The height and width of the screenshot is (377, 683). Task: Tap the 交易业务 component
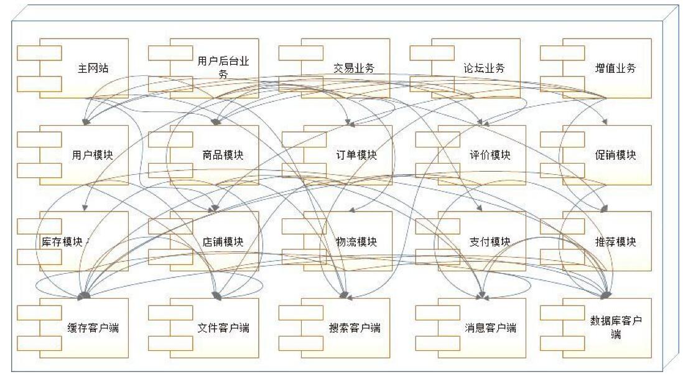353,68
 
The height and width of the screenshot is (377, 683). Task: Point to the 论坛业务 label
484,68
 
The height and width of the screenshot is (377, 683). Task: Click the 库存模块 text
59,241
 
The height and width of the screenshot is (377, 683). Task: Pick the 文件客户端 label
223,328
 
